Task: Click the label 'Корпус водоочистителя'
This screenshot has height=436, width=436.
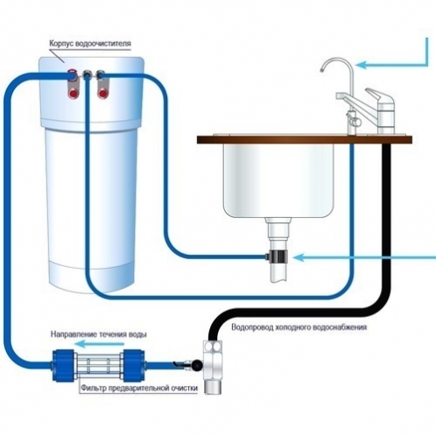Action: pos(90,44)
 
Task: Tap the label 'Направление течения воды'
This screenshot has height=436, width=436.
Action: pos(99,334)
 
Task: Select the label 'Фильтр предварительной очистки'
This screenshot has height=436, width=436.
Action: pos(139,388)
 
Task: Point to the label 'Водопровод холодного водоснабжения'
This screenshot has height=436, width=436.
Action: pos(299,327)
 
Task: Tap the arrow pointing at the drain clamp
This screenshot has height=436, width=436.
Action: pos(364,257)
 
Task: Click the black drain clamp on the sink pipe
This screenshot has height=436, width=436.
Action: pos(278,257)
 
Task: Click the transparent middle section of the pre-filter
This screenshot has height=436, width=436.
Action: pos(98,366)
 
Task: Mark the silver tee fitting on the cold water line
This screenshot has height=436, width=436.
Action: pos(214,366)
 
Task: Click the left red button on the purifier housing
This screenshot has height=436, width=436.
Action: pos(73,94)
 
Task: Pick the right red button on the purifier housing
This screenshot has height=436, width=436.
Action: pos(102,94)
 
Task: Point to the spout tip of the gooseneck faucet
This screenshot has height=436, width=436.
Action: pos(321,70)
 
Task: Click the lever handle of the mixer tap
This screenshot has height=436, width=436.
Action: pos(376,95)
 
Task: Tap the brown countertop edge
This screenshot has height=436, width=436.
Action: pos(305,139)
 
